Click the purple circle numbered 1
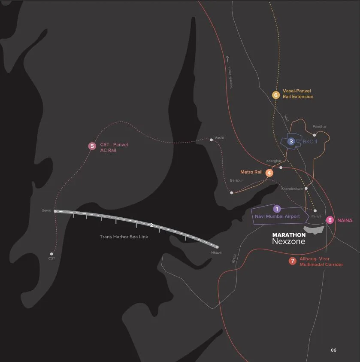[x=277, y=209]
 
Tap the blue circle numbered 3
[x=291, y=141]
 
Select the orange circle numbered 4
[x=269, y=173]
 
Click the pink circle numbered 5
[x=92, y=146]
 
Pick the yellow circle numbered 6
[x=276, y=94]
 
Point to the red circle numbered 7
[x=292, y=261]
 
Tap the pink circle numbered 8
[x=330, y=220]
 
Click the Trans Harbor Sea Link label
[x=124, y=237]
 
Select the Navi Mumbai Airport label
[x=277, y=217]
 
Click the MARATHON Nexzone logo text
[x=289, y=239]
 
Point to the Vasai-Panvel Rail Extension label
[x=298, y=94]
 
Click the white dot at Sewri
[x=55, y=211]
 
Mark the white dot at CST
[x=51, y=253]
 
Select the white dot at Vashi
[x=211, y=140]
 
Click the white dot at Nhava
[x=217, y=247]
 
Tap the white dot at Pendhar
[x=315, y=135]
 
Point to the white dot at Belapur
[x=231, y=193]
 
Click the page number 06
[x=333, y=350]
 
